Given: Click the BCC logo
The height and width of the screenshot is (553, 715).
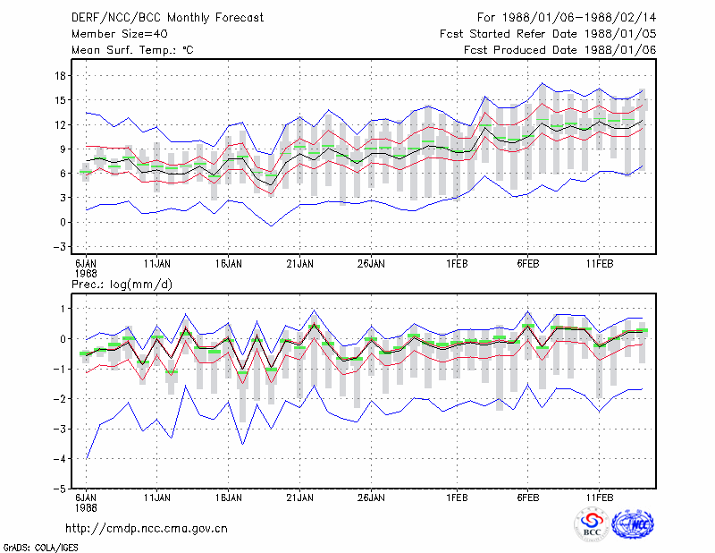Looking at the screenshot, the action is pyautogui.click(x=592, y=524).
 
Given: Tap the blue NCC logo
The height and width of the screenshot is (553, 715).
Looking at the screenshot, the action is pyautogui.click(x=633, y=524).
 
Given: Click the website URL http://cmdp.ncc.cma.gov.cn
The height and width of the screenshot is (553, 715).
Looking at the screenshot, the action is pyautogui.click(x=147, y=529).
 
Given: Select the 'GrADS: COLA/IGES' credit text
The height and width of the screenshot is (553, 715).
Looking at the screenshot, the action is pyautogui.click(x=40, y=548).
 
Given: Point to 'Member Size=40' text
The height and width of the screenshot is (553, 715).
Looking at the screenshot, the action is pyautogui.click(x=120, y=34).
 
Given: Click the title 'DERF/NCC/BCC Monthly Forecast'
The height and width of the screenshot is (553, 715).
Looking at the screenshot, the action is pyautogui.click(x=167, y=18).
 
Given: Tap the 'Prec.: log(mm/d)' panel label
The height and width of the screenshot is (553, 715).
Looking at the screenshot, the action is pyautogui.click(x=122, y=285).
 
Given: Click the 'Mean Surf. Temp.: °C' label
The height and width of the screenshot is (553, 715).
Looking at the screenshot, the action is pyautogui.click(x=132, y=50).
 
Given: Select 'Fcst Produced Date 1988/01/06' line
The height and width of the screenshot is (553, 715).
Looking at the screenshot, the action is pyautogui.click(x=560, y=50).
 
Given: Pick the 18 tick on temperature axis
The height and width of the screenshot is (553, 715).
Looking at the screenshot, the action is pyautogui.click(x=61, y=76).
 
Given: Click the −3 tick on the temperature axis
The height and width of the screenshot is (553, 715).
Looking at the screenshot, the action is pyautogui.click(x=60, y=247).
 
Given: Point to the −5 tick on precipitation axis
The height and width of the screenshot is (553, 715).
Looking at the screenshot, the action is pyautogui.click(x=60, y=489).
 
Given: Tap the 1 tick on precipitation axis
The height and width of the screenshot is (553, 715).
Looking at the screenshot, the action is pyautogui.click(x=63, y=309).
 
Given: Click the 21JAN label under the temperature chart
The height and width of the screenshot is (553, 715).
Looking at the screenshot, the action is pyautogui.click(x=299, y=264).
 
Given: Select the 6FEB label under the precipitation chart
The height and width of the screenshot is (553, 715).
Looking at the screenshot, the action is pyautogui.click(x=528, y=498).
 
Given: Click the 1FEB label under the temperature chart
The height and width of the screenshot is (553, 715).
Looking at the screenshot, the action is pyautogui.click(x=457, y=264).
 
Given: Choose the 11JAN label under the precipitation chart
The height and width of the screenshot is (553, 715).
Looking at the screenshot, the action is pyautogui.click(x=157, y=498).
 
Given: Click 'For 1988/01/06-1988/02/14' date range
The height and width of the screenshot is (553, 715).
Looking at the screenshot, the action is pyautogui.click(x=567, y=18).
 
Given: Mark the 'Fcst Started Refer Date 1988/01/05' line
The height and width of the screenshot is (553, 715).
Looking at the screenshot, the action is pyautogui.click(x=548, y=34).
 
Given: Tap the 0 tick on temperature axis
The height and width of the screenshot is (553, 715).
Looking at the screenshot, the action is pyautogui.click(x=63, y=223).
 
